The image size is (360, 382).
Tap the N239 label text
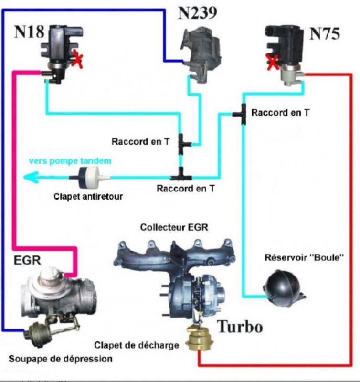[198, 12]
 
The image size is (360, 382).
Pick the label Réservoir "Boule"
[305, 258]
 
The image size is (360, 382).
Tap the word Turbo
[240, 327]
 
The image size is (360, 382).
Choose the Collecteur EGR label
[174, 227]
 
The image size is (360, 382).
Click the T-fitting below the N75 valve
[242, 114]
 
